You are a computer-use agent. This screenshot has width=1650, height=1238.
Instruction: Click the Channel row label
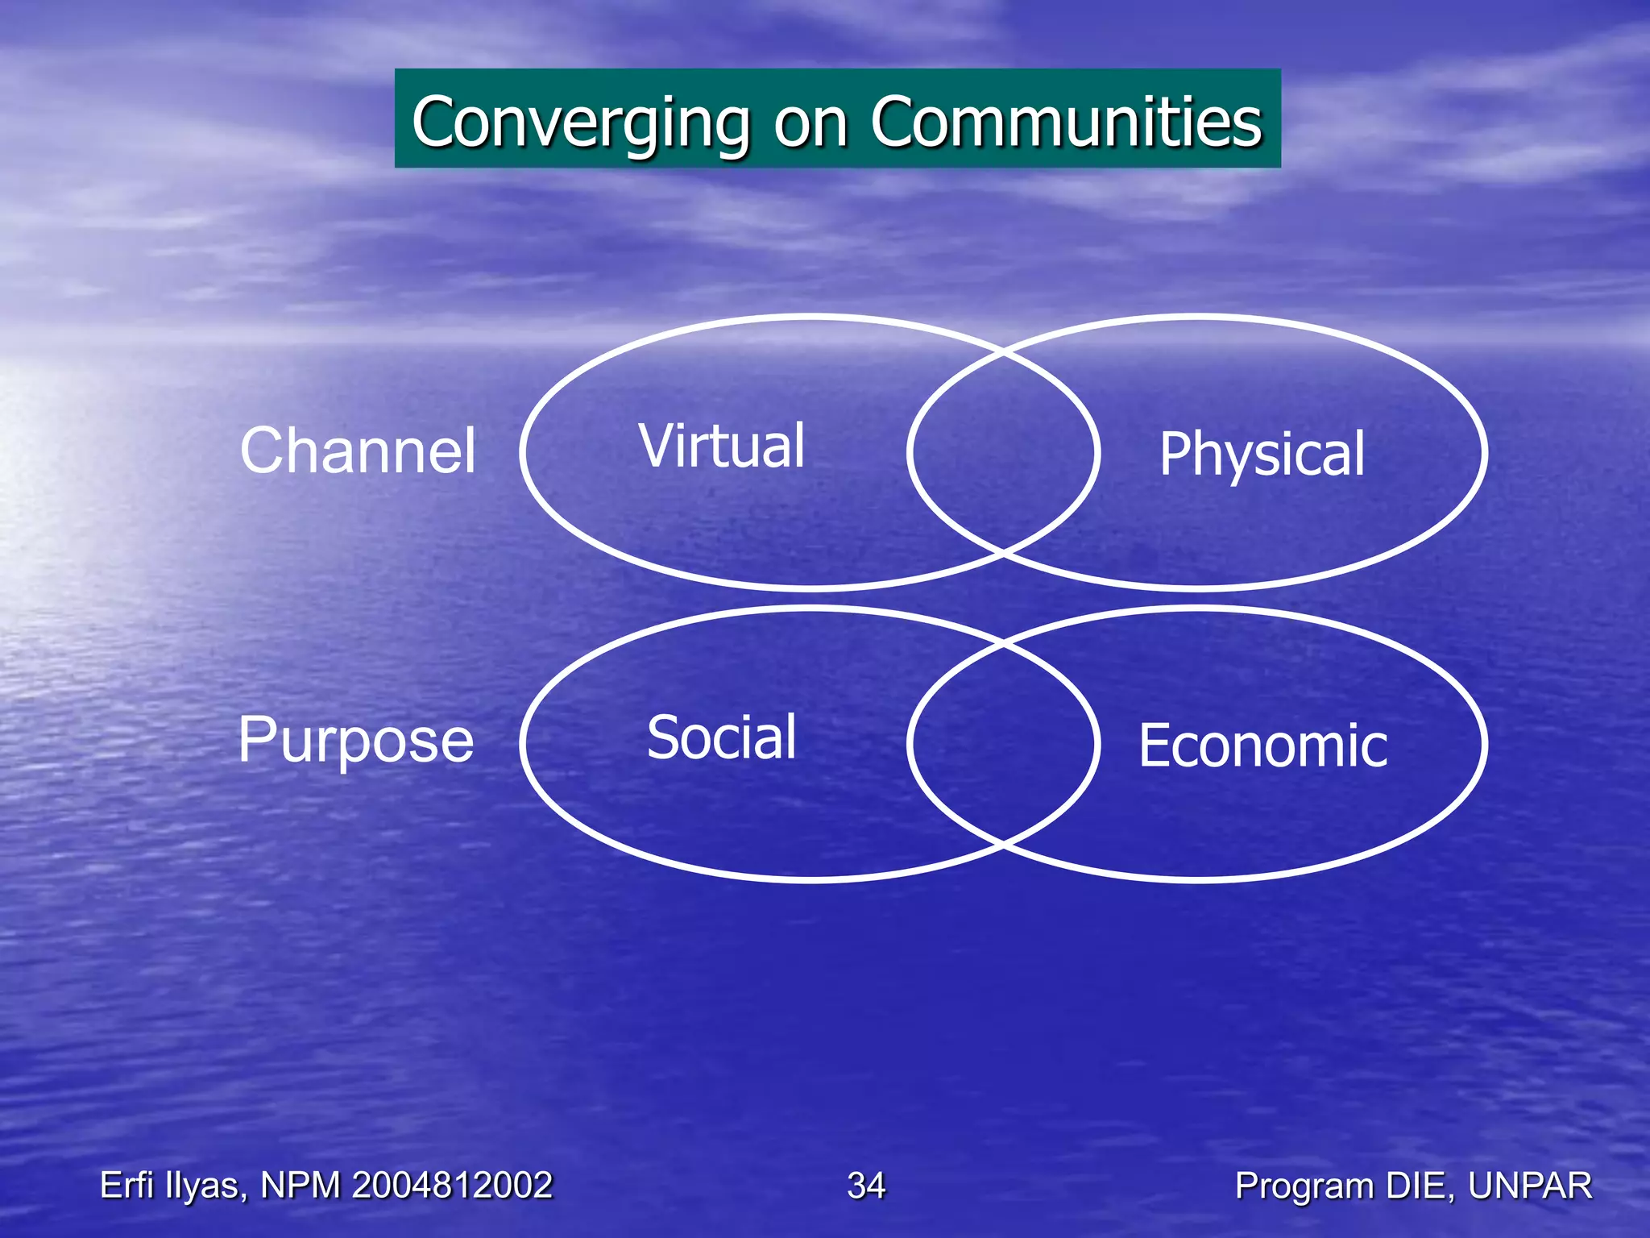[358, 451]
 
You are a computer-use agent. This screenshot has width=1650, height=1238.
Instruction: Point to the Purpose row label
[355, 741]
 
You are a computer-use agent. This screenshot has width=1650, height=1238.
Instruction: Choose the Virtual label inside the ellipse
[722, 446]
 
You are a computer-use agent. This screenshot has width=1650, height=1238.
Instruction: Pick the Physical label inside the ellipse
[1262, 455]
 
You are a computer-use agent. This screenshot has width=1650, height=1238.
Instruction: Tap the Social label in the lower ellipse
[722, 737]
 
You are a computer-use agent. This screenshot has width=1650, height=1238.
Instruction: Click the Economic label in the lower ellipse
[1262, 746]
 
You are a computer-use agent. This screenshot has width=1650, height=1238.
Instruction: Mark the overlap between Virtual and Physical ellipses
[1003, 452]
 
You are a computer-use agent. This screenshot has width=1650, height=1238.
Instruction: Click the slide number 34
[866, 1186]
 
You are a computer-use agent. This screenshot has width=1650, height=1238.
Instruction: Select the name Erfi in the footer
[127, 1186]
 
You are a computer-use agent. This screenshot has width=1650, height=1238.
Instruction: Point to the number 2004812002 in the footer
[452, 1186]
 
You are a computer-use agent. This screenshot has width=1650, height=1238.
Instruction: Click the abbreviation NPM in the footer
[301, 1186]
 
